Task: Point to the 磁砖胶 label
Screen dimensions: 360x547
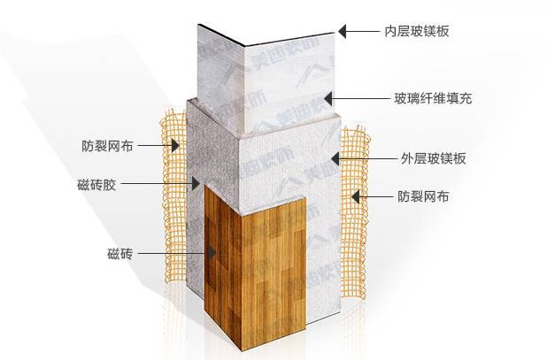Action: (96, 185)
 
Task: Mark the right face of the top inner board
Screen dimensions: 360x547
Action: (288, 66)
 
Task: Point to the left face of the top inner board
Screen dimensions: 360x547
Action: (217, 62)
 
